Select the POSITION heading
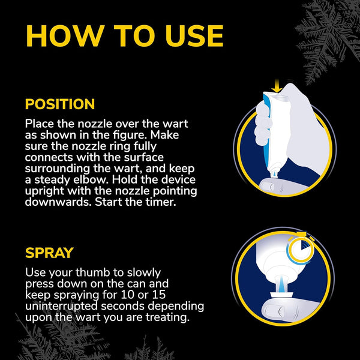coord(60,104)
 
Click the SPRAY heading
coord(49,253)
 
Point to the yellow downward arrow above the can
coord(277,86)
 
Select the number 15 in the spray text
coord(159,295)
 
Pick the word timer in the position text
coord(161,202)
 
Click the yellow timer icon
coord(301,249)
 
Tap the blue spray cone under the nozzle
coord(282,284)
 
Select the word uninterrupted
coord(62,306)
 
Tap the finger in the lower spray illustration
coord(288,312)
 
